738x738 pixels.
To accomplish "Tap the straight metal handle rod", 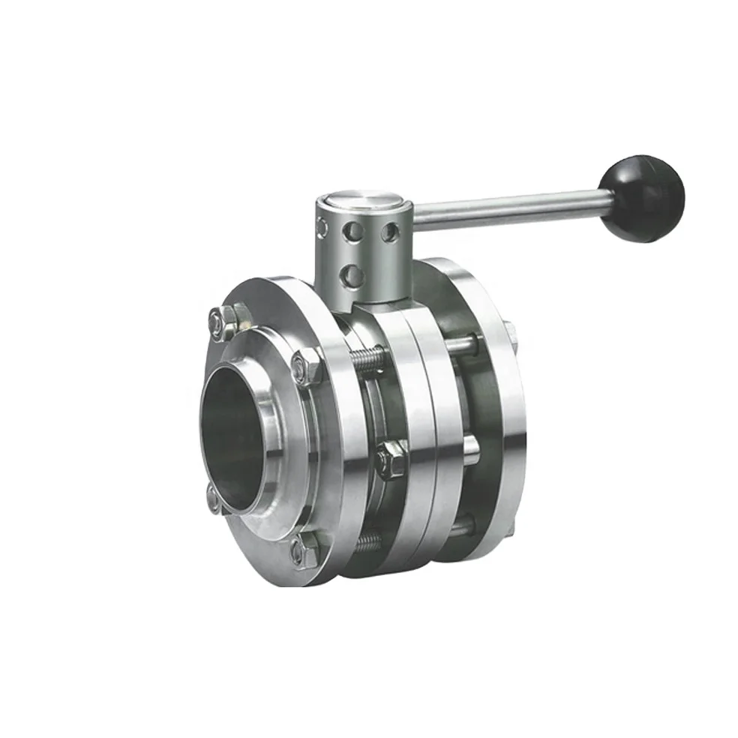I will pyautogui.click(x=510, y=208).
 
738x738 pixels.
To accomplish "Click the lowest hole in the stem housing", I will pyautogui.click(x=351, y=277).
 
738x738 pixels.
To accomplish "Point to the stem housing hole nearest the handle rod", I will pyautogui.click(x=388, y=232).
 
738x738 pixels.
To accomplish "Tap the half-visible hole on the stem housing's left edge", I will pyautogui.click(x=322, y=226).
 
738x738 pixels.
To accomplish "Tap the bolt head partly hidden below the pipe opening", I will pyautogui.click(x=214, y=497).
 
